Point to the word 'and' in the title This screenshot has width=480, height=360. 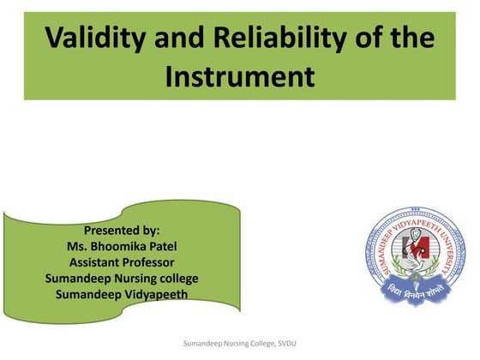(182, 40)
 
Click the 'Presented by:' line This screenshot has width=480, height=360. (122, 231)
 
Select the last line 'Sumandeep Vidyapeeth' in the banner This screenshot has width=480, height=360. (122, 295)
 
